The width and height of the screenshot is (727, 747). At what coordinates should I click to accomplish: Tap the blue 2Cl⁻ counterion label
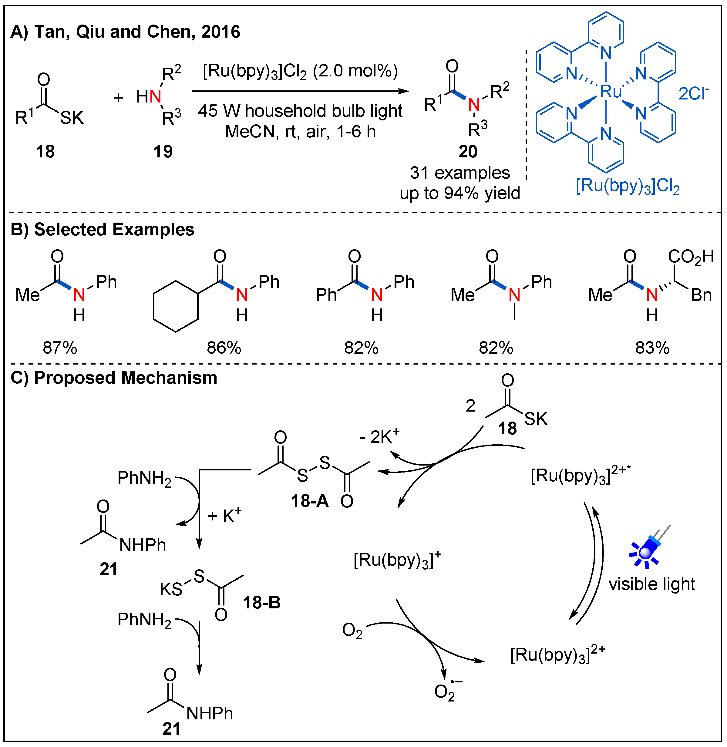tap(693, 93)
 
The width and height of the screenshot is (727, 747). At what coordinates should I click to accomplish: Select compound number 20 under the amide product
tap(467, 152)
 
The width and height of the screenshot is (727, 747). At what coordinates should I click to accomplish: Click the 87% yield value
tap(60, 348)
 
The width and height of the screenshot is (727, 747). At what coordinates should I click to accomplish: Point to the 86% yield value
tap(224, 348)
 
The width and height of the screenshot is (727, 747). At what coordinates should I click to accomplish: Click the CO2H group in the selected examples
tap(690, 257)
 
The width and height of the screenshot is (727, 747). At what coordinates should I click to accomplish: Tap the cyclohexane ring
tap(176, 307)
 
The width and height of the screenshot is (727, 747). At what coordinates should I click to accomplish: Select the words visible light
tap(652, 584)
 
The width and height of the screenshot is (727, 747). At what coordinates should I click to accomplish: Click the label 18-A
tap(309, 501)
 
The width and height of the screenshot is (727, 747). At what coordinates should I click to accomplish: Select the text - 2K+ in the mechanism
tap(379, 436)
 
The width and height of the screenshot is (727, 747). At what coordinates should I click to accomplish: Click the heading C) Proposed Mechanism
tap(114, 378)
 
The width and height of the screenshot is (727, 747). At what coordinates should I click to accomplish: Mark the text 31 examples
tap(460, 173)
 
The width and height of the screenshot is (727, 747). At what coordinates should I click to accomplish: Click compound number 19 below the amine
tap(163, 152)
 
